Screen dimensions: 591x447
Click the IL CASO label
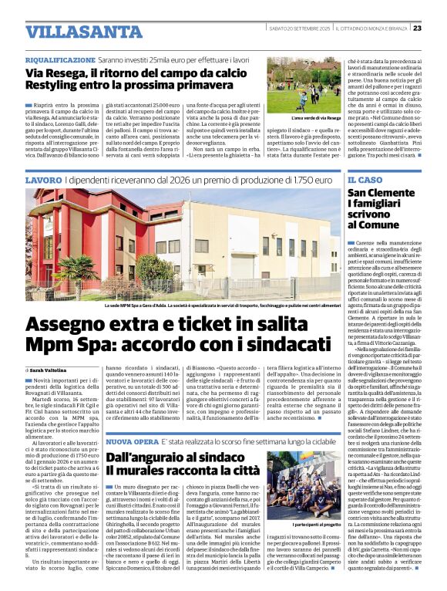coord(365,180)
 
